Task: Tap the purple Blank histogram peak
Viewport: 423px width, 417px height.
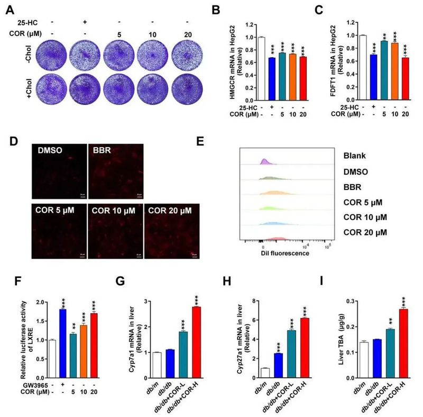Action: click(263, 161)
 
